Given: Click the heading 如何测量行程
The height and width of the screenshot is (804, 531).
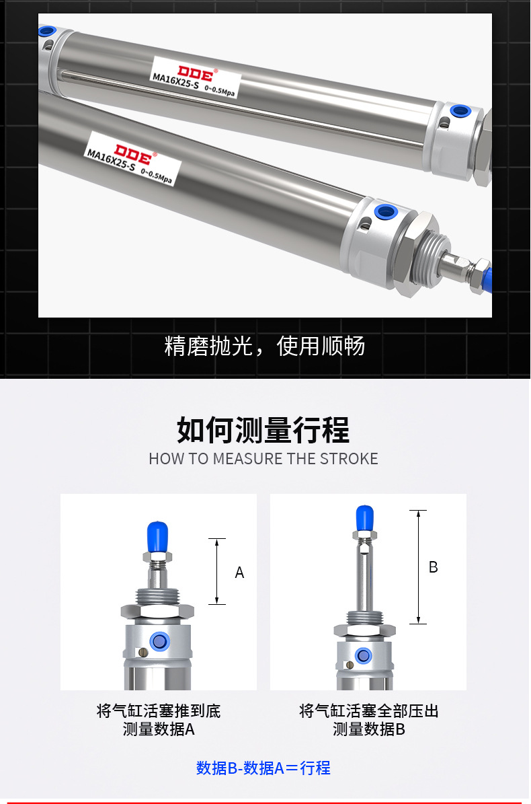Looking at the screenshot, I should click(263, 430).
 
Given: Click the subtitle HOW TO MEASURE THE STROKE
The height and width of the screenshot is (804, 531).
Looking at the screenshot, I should click(263, 459).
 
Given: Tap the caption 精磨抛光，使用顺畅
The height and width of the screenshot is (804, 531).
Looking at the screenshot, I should click(265, 346).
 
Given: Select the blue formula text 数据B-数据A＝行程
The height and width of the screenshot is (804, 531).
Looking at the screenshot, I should click(263, 768).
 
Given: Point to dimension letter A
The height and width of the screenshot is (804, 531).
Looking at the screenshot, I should click(239, 573).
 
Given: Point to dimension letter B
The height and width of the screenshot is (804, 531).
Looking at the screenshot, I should click(433, 567).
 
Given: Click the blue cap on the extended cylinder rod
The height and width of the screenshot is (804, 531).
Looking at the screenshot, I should click(364, 517).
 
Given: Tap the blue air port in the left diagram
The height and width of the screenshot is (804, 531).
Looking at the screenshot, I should click(159, 641).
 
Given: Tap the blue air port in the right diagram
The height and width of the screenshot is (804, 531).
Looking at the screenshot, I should click(364, 655).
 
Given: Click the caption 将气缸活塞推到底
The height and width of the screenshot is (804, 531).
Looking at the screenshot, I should click(159, 711).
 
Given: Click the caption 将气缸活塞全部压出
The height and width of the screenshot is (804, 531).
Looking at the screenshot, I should click(368, 711).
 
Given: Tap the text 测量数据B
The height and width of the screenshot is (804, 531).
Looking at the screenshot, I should click(368, 729).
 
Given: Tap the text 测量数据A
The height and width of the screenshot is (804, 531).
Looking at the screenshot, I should click(159, 729).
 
